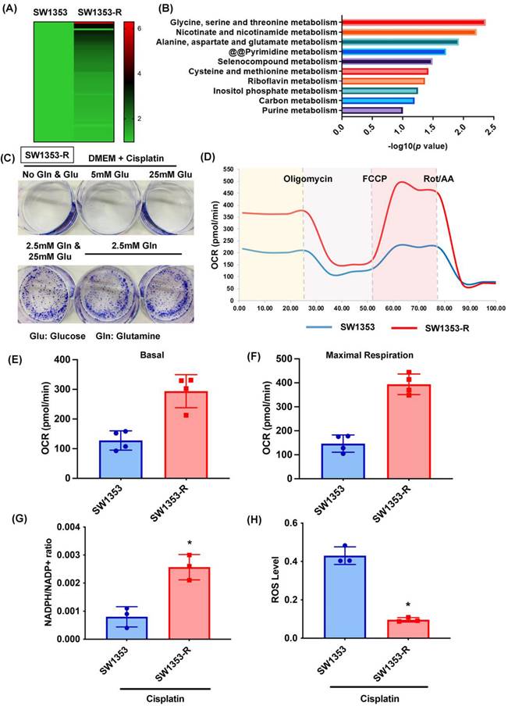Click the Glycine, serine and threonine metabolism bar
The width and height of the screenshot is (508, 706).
[x=412, y=22]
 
